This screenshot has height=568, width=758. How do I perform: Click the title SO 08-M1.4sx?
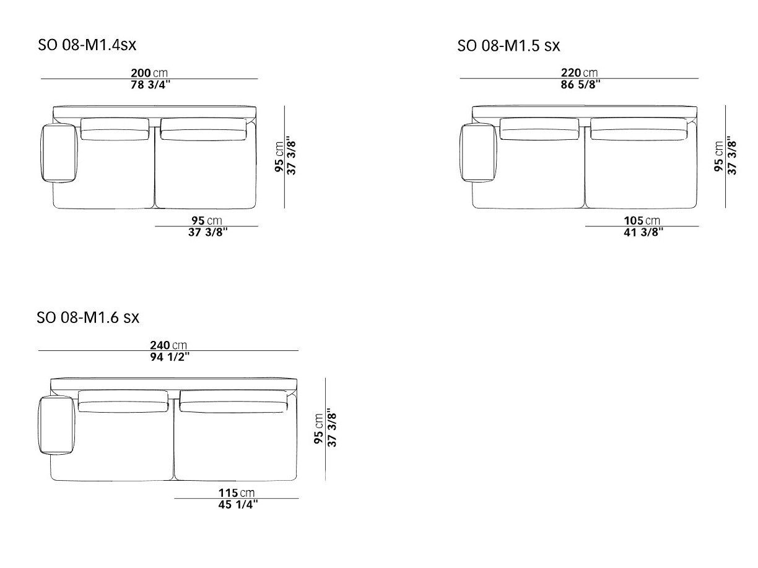(87, 45)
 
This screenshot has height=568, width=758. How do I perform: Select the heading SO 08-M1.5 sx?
(508, 46)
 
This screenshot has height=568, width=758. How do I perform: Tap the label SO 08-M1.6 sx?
(88, 317)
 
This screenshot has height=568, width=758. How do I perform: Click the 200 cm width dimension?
(149, 73)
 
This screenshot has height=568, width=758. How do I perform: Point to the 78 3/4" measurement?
(150, 85)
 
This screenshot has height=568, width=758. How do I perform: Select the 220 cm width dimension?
(579, 73)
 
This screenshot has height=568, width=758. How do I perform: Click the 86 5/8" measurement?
(580, 85)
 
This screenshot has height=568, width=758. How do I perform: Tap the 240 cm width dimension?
(168, 345)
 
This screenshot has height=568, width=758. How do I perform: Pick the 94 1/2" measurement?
(170, 357)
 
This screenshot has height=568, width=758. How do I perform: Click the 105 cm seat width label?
(642, 220)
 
